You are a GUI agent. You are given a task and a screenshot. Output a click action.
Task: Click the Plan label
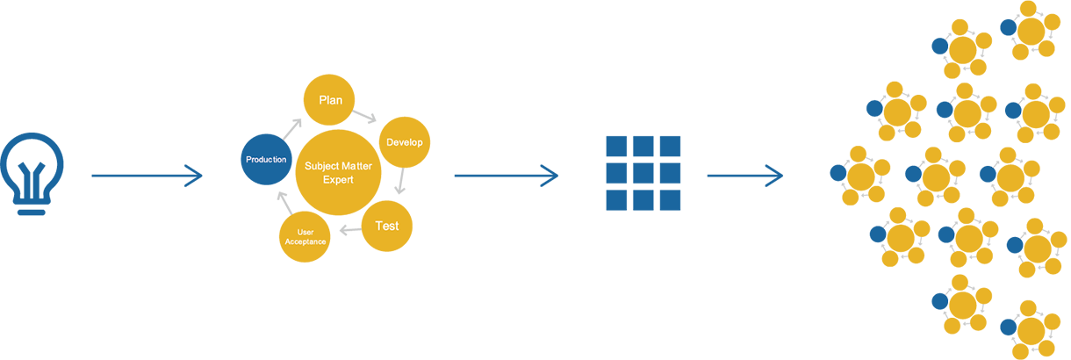330,101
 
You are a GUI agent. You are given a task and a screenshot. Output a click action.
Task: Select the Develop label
405,142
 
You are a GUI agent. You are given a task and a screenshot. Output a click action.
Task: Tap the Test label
387,227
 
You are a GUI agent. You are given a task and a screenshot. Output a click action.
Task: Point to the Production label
266,160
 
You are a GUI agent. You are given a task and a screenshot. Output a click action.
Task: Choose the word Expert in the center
338,180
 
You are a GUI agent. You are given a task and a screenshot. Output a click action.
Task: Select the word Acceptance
305,242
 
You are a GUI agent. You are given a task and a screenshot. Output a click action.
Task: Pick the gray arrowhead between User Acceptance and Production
277,199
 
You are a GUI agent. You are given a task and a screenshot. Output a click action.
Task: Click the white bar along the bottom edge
322,335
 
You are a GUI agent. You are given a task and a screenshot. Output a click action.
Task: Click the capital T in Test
379,227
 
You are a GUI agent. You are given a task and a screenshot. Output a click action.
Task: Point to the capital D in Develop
390,142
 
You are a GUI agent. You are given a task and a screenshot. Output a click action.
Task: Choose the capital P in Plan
322,101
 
